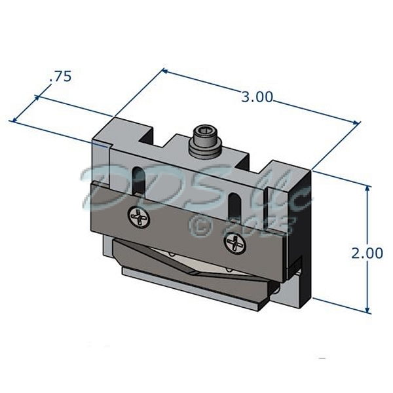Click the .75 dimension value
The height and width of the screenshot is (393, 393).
point(60,77)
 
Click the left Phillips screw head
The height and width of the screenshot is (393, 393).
point(139,217)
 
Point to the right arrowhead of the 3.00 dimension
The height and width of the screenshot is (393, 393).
point(356,122)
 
